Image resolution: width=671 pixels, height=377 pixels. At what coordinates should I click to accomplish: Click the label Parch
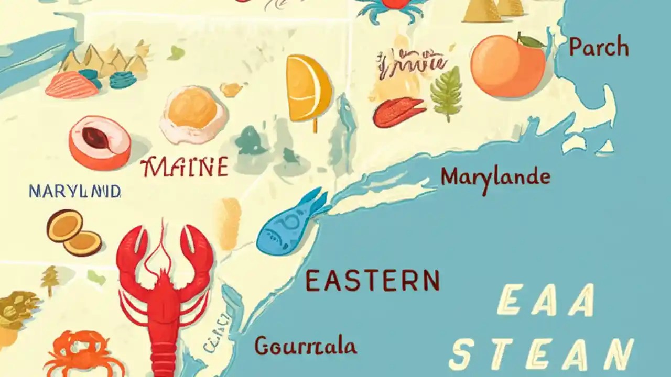click(x=599, y=48)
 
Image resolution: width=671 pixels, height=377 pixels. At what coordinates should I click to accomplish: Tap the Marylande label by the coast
click(x=495, y=178)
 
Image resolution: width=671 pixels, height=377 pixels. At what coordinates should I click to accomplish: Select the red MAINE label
click(x=185, y=168)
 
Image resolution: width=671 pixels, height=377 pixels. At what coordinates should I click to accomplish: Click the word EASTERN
click(x=372, y=281)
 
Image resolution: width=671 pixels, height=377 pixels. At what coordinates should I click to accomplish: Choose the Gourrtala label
click(x=306, y=346)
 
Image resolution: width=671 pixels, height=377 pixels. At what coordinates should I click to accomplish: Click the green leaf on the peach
click(x=531, y=40)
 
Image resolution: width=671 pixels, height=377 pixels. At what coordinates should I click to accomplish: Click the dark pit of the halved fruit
click(x=95, y=137)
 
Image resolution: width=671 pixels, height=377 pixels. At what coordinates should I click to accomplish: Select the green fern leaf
click(x=446, y=94)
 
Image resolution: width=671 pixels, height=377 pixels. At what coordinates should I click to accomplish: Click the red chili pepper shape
click(x=398, y=112)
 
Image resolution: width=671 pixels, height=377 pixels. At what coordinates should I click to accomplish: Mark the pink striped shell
click(x=72, y=85)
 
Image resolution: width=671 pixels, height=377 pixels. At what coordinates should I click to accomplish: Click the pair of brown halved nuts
click(x=73, y=232)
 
